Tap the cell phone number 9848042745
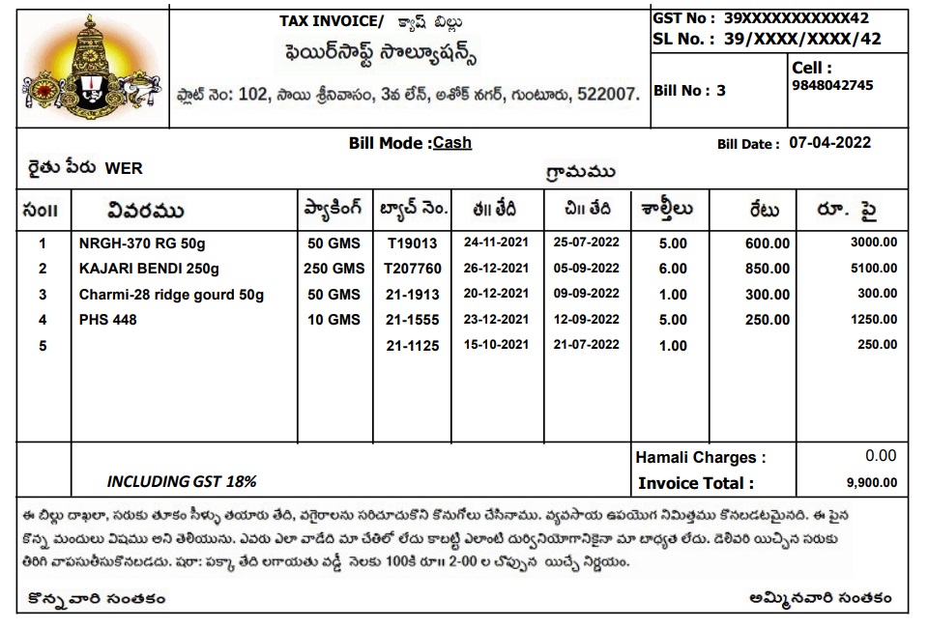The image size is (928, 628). coord(832,85)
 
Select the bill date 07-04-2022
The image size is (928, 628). coord(829,143)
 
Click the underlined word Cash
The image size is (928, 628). coord(452,143)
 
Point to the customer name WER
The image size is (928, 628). coord(124,168)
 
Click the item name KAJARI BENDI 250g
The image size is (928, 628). coord(149,269)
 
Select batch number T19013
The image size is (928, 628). coord(412,243)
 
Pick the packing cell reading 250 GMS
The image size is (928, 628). coord(334,269)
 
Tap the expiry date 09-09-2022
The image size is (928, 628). coord(586,294)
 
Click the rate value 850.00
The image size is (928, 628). coord(768,269)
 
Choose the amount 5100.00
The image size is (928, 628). coord(873,269)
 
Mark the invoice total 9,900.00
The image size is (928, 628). coord(872,483)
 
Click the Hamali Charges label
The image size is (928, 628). coord(700,457)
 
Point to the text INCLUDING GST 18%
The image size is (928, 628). coord(181,481)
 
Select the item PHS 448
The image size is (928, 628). coord(108,320)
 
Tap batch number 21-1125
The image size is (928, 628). coord(412,346)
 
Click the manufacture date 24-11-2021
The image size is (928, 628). coord(496,243)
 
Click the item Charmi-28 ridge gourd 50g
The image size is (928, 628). coord(171,295)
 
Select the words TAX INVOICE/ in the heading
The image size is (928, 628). coord(331,20)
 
